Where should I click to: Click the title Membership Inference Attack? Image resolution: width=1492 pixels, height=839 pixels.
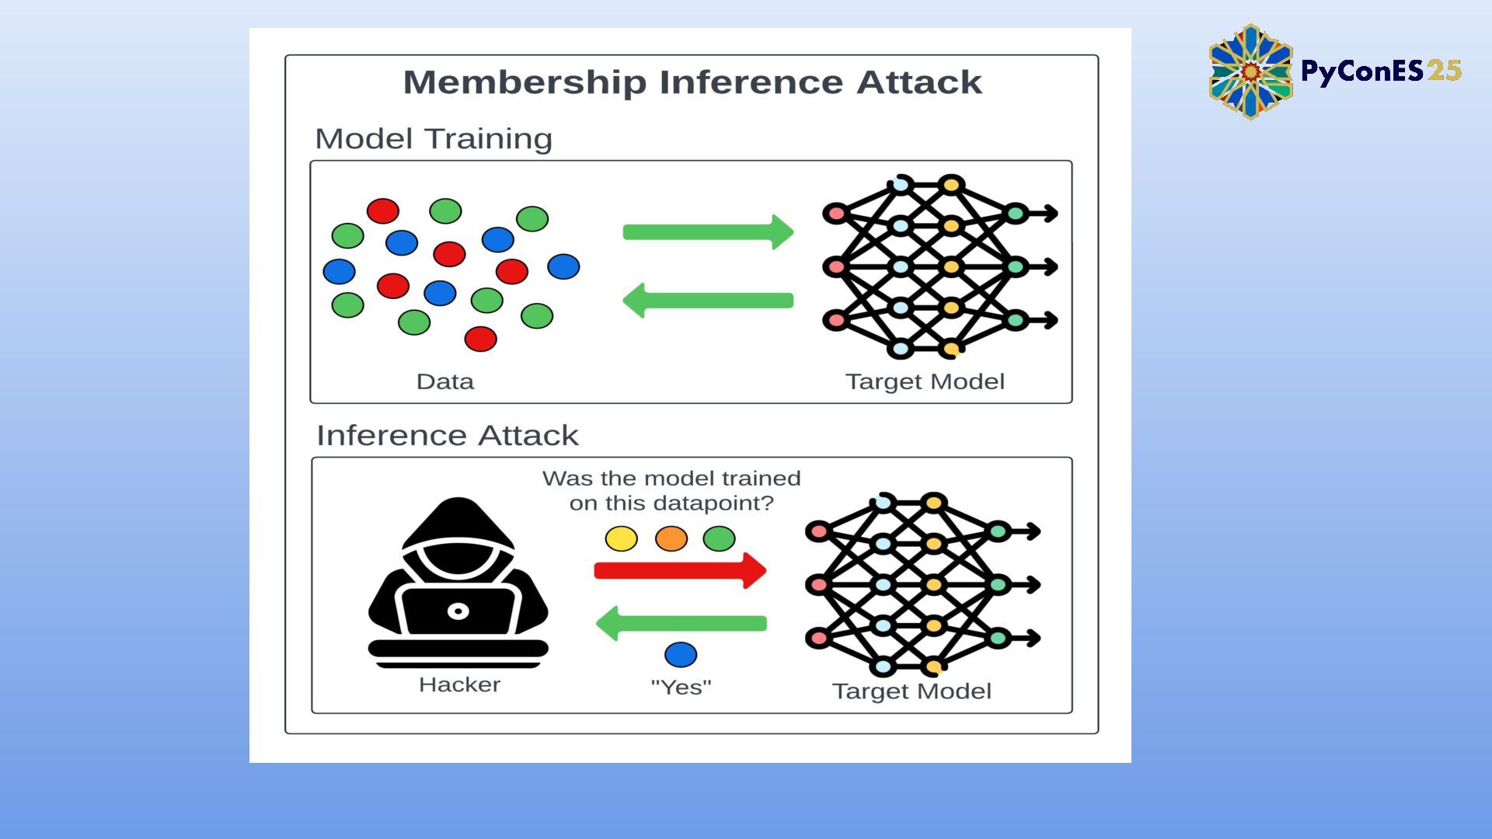pyautogui.click(x=692, y=82)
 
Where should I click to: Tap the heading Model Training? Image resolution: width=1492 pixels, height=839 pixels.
pyautogui.click(x=433, y=139)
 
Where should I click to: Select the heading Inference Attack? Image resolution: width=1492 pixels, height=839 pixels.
pyautogui.click(x=447, y=435)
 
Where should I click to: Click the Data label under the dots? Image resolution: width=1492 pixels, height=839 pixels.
pyautogui.click(x=444, y=381)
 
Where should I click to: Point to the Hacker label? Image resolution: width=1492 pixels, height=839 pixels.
pyautogui.click(x=459, y=684)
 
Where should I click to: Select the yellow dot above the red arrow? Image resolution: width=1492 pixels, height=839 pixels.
pyautogui.click(x=621, y=538)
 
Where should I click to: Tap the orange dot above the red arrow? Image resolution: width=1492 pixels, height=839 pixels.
pyautogui.click(x=671, y=538)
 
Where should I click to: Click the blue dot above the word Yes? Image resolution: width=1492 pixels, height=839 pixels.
pyautogui.click(x=681, y=655)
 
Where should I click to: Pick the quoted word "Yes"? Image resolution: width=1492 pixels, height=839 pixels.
pyautogui.click(x=681, y=687)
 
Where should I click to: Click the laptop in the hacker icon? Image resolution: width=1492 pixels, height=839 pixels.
pyautogui.click(x=458, y=611)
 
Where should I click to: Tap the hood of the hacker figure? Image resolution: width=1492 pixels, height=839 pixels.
pyautogui.click(x=458, y=524)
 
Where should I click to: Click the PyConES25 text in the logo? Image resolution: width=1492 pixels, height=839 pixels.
pyautogui.click(x=1381, y=71)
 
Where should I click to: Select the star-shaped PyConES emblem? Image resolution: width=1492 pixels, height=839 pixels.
pyautogui.click(x=1250, y=71)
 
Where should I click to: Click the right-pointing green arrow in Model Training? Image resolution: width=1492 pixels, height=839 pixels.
pyautogui.click(x=708, y=232)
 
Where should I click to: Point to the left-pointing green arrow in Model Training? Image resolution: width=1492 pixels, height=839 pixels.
pyautogui.click(x=708, y=301)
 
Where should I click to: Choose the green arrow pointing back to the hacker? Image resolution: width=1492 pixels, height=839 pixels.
pyautogui.click(x=682, y=623)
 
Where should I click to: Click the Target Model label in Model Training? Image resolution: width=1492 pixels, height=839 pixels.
pyautogui.click(x=925, y=381)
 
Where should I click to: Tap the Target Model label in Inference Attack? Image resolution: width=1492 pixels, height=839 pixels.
pyautogui.click(x=912, y=691)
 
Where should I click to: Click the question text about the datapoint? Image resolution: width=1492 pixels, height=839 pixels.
pyautogui.click(x=671, y=490)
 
